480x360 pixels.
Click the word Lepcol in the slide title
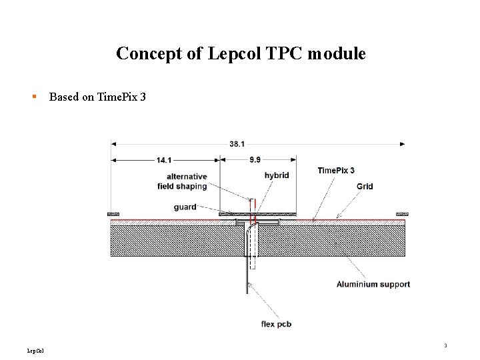pos(230,53)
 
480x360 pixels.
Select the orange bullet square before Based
pos(35,97)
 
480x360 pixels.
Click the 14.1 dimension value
pos(164,160)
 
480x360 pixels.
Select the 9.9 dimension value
pos(256,160)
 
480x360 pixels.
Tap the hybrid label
pos(277,175)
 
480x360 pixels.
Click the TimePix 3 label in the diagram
pos(336,171)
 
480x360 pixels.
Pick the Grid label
pos(365,187)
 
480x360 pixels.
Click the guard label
pos(185,207)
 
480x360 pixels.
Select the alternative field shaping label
pos(182,181)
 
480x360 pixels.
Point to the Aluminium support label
pos(373,285)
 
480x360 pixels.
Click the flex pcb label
pos(276,325)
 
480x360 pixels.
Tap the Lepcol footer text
pos(35,349)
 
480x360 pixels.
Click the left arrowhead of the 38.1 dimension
pos(114,143)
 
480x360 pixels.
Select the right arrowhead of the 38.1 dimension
pos(402,143)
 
